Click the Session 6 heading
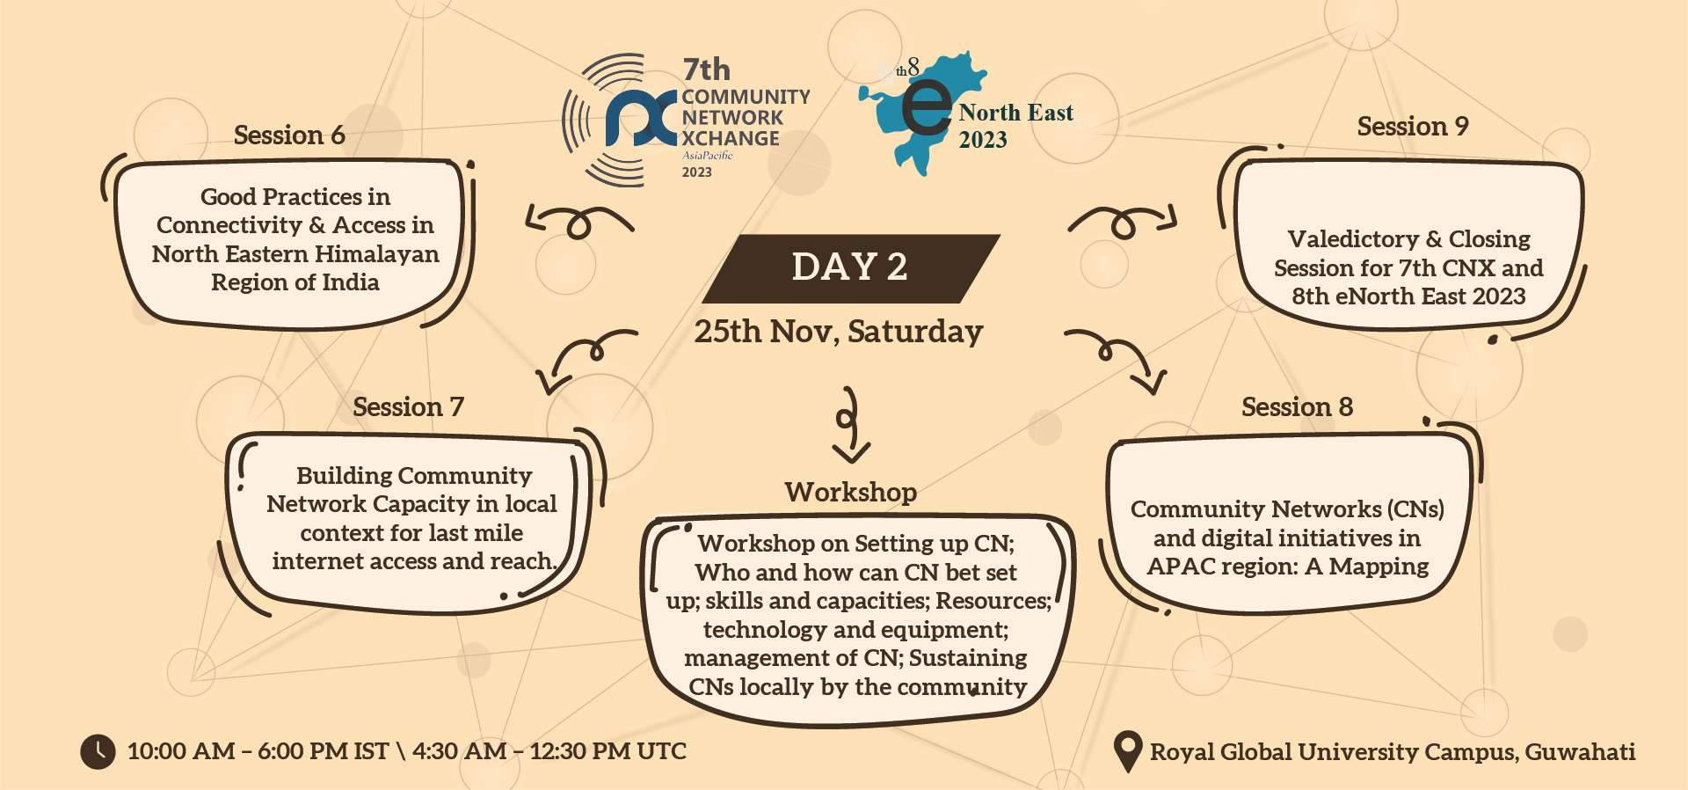[x=289, y=135]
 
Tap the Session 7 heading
[x=408, y=406]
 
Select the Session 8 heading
[x=1297, y=406]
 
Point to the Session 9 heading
[x=1413, y=126]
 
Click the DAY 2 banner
[x=850, y=268]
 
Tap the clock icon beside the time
[x=98, y=751]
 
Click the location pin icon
[x=1127, y=752]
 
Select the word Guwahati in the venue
[x=1580, y=751]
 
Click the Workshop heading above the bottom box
[x=850, y=492]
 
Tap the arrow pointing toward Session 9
[x=1124, y=222]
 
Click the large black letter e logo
[x=926, y=108]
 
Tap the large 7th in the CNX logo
[x=706, y=69]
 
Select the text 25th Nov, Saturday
[x=839, y=332]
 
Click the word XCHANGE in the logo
[x=731, y=138]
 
